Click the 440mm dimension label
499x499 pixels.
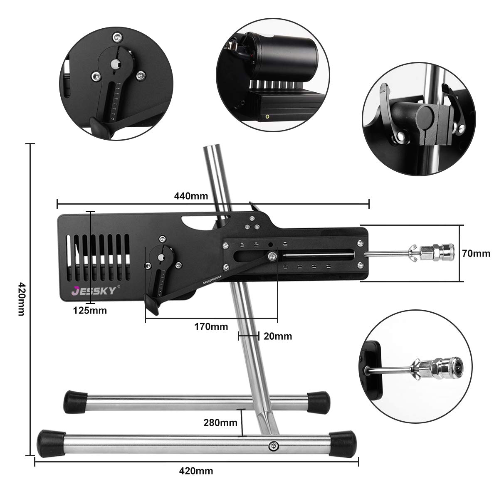[x=191, y=195]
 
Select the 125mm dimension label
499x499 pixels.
[x=90, y=310]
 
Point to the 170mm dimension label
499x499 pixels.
[x=211, y=326]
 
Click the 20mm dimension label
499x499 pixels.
[x=278, y=336]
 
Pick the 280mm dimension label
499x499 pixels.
[x=220, y=423]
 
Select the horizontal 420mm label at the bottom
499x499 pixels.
[x=196, y=471]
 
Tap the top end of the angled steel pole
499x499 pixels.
[x=212, y=150]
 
